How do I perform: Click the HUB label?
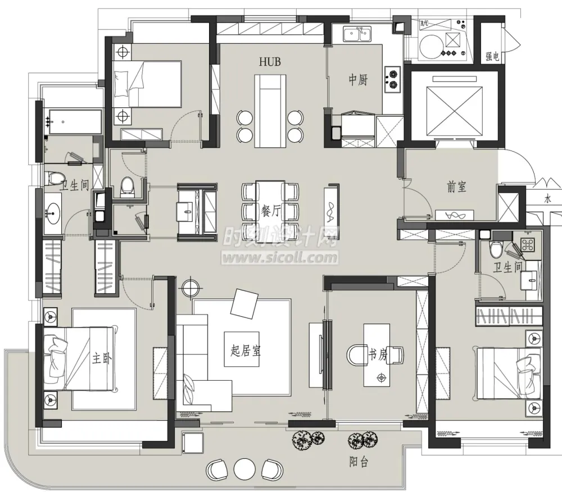pos(270,62)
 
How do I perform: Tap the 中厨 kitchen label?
pos(358,80)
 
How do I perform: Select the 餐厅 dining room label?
pos(271,211)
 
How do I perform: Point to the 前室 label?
pos(456,186)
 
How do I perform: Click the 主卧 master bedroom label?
pos(102,358)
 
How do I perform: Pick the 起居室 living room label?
pos(246,350)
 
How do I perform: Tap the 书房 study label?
pos(378,354)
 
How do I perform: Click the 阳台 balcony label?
pos(359,462)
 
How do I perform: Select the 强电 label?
pos(492,56)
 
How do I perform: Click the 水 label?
pos(547,199)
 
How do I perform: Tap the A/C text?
pos(424,24)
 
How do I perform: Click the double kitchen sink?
pos(357,34)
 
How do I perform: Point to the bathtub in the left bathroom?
pos(75,122)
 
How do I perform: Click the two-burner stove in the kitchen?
pos(392,79)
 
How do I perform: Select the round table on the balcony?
pos(244,468)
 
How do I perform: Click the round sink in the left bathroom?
pos(53,213)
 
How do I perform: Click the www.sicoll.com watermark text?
pos(280,257)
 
